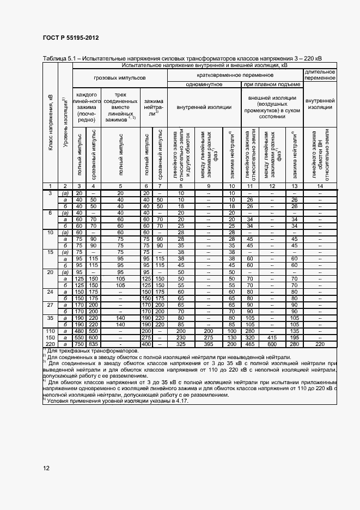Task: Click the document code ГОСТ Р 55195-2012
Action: (x=71, y=38)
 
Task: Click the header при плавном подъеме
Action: (x=272, y=84)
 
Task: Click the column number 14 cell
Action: (x=320, y=186)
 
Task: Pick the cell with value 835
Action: (x=93, y=344)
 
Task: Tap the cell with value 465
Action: (x=251, y=344)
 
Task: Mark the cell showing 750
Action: (x=79, y=344)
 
